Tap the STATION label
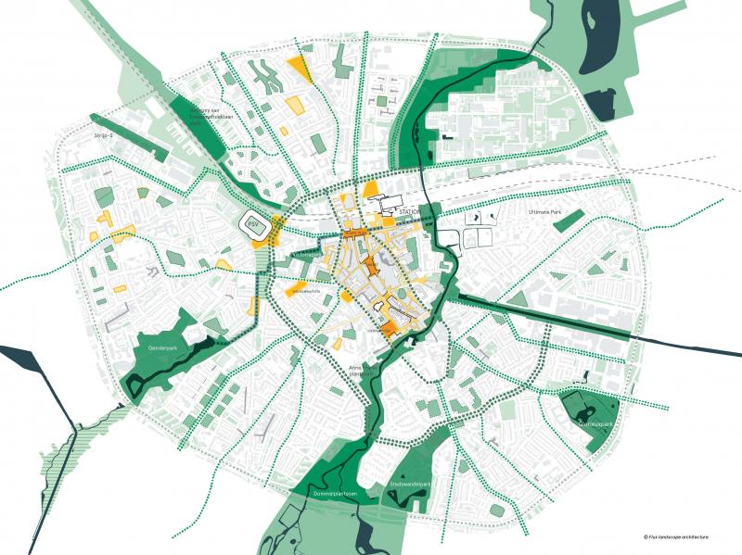[x=409, y=212]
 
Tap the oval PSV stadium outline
[x=253, y=224]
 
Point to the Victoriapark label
[x=304, y=253]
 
